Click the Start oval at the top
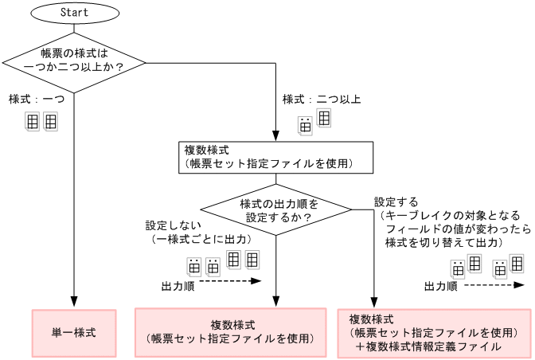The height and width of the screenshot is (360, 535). tap(73, 13)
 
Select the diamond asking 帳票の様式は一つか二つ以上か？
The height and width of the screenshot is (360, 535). tap(73, 61)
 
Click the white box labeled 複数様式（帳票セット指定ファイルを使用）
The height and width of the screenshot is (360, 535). tap(275, 156)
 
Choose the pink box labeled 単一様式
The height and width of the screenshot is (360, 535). tap(73, 331)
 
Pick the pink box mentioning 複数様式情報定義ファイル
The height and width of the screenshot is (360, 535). tap(434, 332)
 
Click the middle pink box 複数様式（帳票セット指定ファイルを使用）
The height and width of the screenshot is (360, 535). tap(232, 331)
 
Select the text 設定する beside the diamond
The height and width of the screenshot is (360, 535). tap(396, 202)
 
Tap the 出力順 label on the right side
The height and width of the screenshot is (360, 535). tap(439, 286)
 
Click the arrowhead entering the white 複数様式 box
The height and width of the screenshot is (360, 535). tap(275, 138)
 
